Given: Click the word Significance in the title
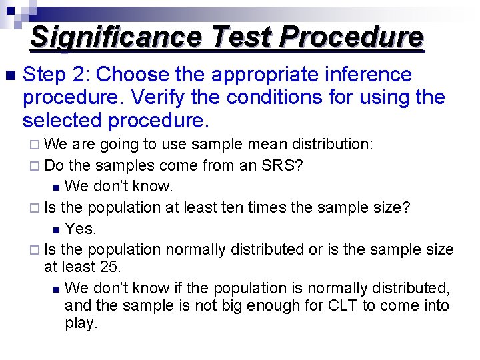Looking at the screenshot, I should pyautogui.click(x=115, y=37).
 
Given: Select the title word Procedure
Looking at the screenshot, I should pyautogui.click(x=351, y=37).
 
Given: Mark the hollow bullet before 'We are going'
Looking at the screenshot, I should pyautogui.click(x=37, y=145).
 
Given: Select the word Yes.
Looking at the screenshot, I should pyautogui.click(x=81, y=229).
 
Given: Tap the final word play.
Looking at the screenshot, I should pyautogui.click(x=81, y=324).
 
